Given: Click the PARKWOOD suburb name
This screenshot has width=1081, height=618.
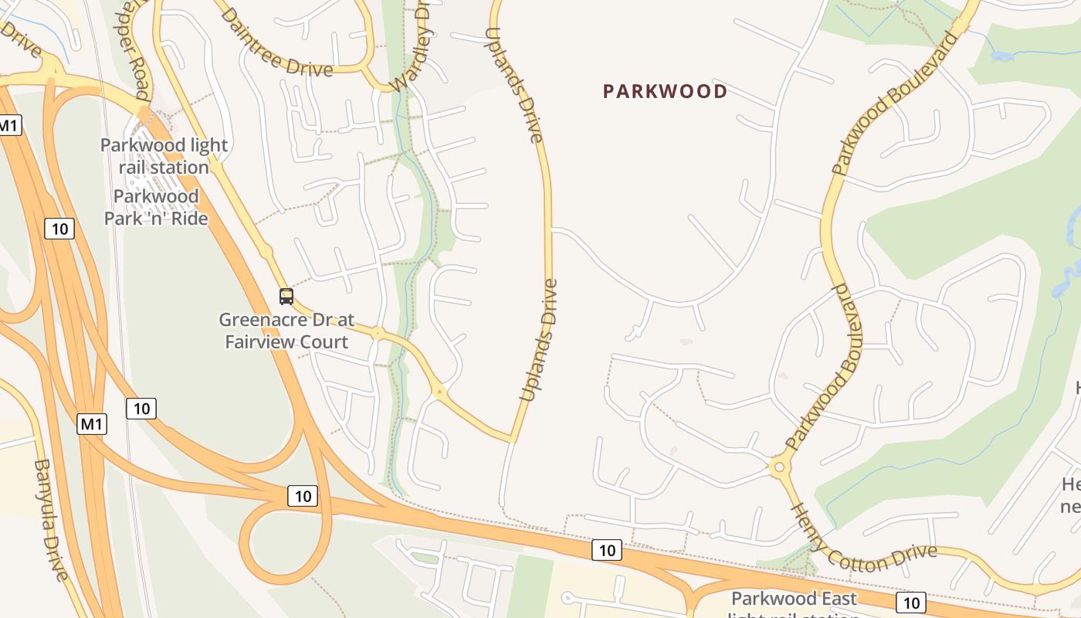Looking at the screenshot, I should click(x=665, y=91).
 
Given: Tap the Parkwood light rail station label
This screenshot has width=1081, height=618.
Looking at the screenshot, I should click(x=164, y=156).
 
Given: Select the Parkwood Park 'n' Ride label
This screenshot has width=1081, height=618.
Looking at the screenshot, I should click(x=156, y=207).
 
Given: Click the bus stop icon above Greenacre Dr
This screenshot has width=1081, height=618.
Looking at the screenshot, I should click(x=286, y=296).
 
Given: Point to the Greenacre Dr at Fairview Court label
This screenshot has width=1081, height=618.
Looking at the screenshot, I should click(x=286, y=331).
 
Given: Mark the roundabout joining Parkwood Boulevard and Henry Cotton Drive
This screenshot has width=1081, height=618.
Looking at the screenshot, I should click(x=778, y=467).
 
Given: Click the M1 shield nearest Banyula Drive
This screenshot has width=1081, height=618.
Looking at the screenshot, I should click(x=92, y=423).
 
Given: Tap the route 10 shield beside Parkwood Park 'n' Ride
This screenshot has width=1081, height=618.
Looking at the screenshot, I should click(x=59, y=228).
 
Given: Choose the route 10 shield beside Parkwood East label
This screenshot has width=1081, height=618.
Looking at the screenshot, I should click(x=911, y=603).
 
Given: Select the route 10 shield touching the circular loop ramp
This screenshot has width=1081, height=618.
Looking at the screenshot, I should click(x=303, y=496).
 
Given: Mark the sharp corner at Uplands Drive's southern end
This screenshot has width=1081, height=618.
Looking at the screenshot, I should click(x=512, y=441).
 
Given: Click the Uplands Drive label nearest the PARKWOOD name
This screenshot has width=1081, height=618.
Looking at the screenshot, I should click(x=525, y=85).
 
